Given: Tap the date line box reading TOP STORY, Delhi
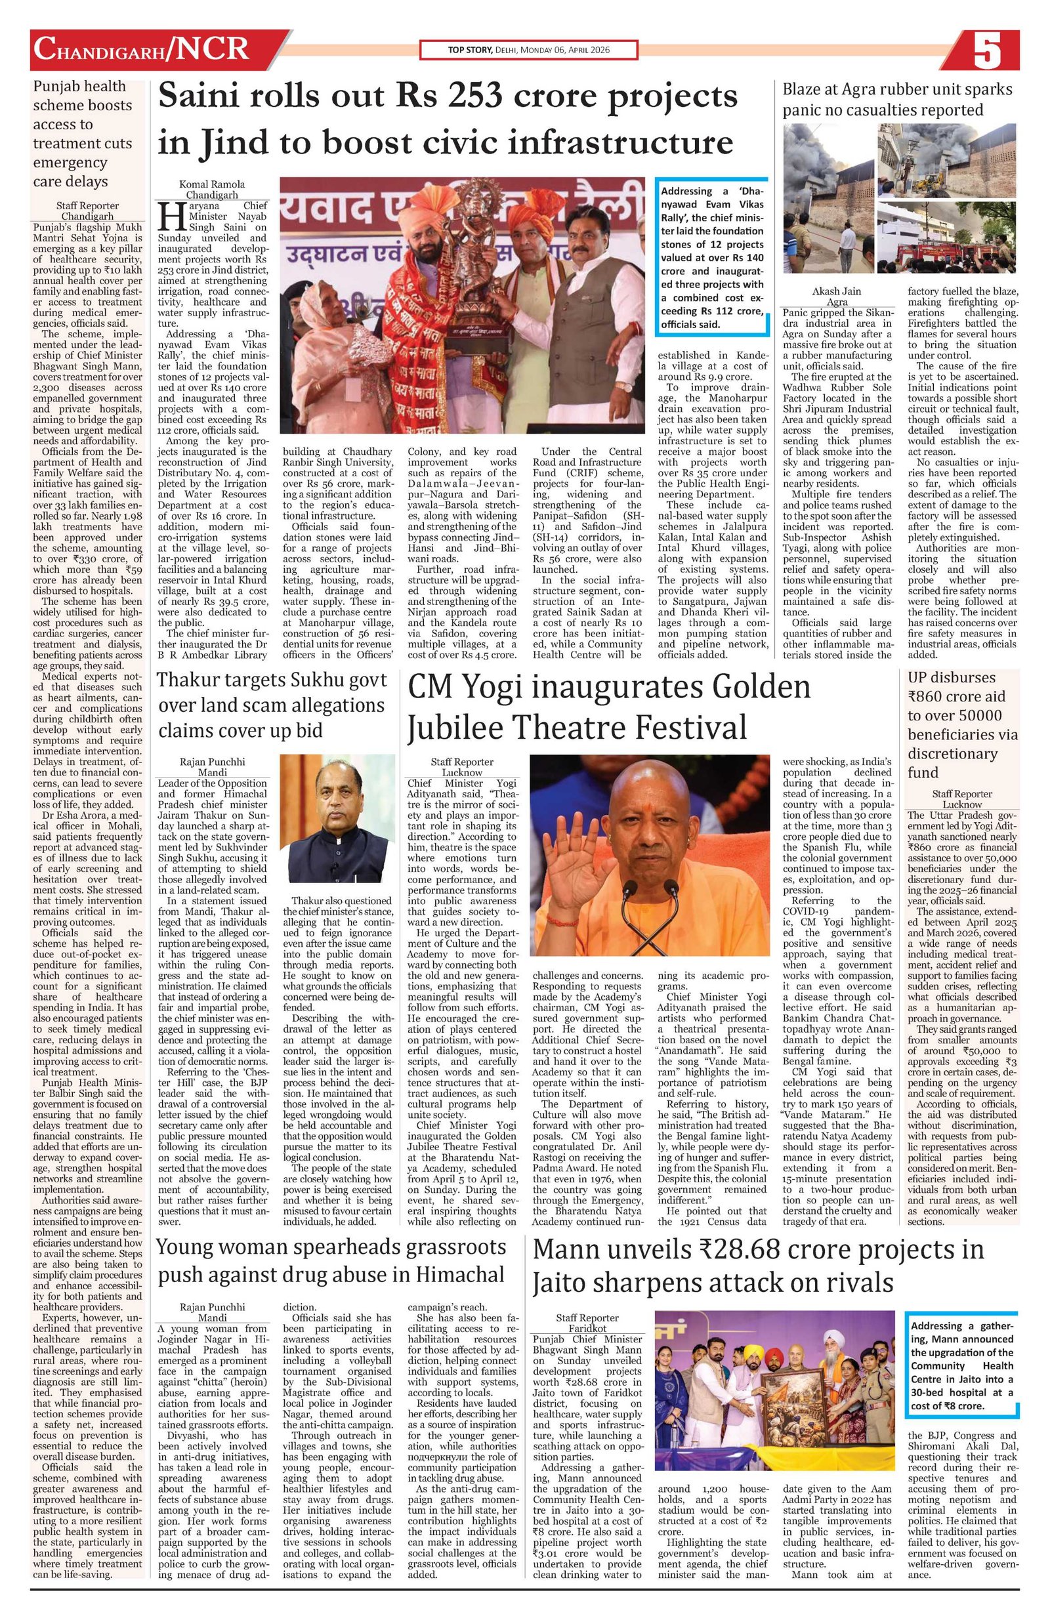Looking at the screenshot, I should click(528, 51).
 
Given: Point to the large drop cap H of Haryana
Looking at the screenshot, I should click(167, 217).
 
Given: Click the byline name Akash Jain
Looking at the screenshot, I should click(837, 291).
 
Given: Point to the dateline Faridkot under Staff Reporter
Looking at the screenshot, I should click(586, 1327).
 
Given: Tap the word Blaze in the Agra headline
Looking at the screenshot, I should click(807, 90).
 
